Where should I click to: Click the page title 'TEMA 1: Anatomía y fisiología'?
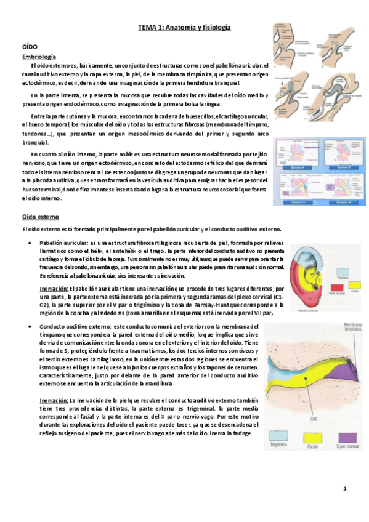tap(184, 28)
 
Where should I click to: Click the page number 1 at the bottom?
tap(345, 489)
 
